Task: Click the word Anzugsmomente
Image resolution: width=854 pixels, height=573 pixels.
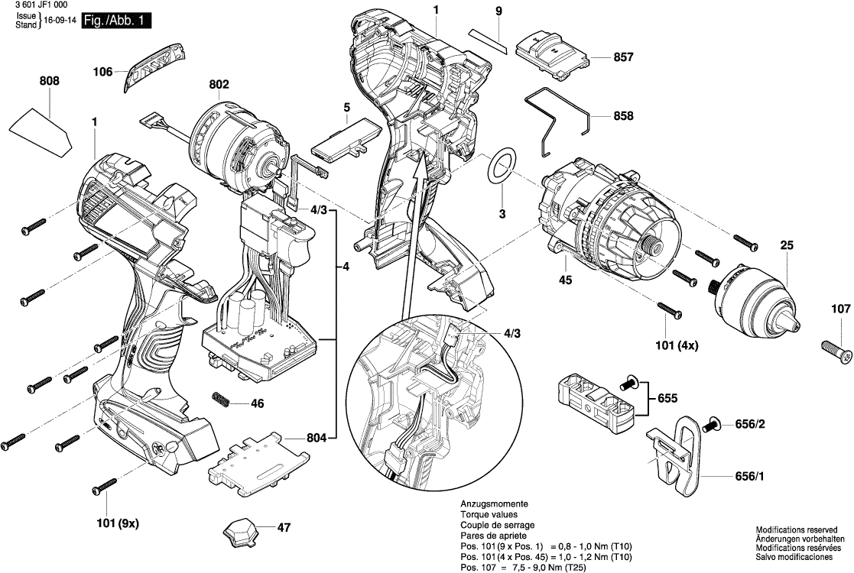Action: (493, 505)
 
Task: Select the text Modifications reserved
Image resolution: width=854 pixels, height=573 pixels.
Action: (797, 529)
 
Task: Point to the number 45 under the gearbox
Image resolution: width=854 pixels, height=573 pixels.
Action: (566, 280)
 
